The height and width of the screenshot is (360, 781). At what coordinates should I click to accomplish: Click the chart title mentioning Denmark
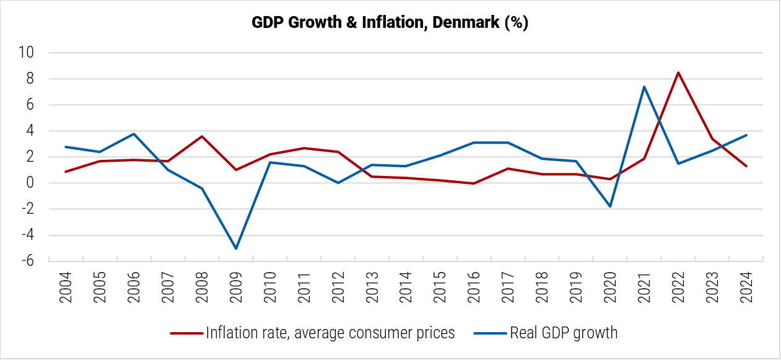pyautogui.click(x=390, y=23)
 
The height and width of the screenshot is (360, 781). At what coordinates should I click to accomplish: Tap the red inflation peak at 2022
pyautogui.click(x=678, y=72)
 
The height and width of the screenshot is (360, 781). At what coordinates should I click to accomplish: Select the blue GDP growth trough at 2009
pyautogui.click(x=236, y=248)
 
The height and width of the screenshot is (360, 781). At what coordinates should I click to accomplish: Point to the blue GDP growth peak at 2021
pyautogui.click(x=644, y=87)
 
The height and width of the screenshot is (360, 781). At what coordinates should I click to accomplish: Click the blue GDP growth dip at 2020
pyautogui.click(x=610, y=206)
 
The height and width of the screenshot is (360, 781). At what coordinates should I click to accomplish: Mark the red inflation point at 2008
pyautogui.click(x=202, y=136)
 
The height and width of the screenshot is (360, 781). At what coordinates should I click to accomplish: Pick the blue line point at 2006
pyautogui.click(x=134, y=134)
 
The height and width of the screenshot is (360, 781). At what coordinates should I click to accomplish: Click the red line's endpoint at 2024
pyautogui.click(x=746, y=166)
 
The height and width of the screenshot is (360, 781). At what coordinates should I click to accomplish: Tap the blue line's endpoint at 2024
pyautogui.click(x=746, y=135)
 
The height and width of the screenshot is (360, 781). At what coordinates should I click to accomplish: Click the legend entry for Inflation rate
pyautogui.click(x=330, y=333)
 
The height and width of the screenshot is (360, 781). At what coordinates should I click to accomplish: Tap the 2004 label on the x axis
pyautogui.click(x=66, y=286)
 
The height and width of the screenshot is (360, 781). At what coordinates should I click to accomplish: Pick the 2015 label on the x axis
pyautogui.click(x=440, y=286)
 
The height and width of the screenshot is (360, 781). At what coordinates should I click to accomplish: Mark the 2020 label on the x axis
pyautogui.click(x=610, y=286)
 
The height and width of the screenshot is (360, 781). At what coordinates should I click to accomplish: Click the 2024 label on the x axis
pyautogui.click(x=746, y=286)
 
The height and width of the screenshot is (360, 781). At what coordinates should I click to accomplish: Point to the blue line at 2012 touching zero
pyautogui.click(x=338, y=183)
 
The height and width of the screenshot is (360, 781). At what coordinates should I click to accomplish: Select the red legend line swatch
pyautogui.click(x=186, y=333)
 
